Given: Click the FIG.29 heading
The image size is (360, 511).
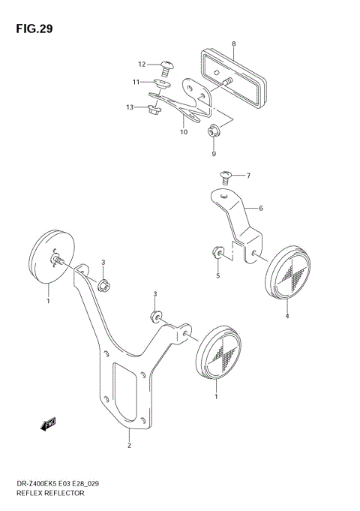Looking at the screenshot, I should click(31, 29).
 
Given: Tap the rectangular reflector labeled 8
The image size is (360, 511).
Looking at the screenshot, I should click(234, 80).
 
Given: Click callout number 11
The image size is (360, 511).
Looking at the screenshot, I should click(136, 82).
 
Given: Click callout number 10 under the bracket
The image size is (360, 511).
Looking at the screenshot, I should click(182, 132).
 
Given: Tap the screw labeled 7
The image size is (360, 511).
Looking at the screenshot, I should click(227, 176).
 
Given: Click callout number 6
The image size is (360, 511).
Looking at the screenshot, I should click(261, 208).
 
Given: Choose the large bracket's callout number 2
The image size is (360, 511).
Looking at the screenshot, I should click(129, 446).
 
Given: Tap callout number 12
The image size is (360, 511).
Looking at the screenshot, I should click(140, 64).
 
